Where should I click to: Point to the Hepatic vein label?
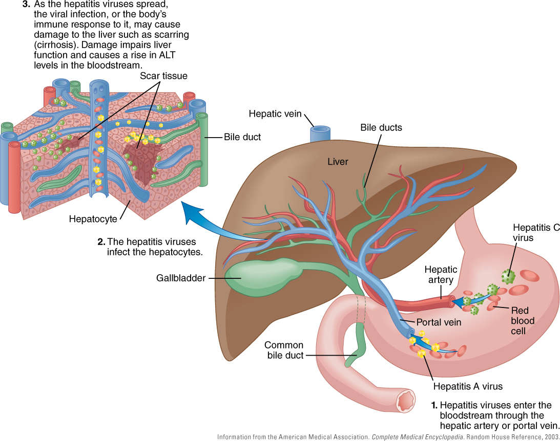click(x=275, y=114)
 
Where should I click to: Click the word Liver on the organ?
click(x=338, y=162)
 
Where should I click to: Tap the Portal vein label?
click(x=439, y=322)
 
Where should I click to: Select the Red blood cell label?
click(x=522, y=321)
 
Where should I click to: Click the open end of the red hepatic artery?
click(x=451, y=303)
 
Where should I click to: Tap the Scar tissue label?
click(x=163, y=76)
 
